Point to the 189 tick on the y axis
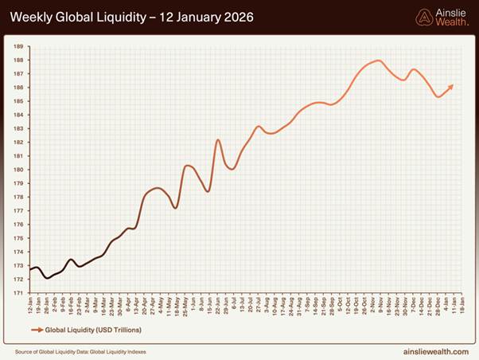pyautogui.click(x=18, y=46)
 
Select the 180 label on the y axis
pyautogui.click(x=18, y=170)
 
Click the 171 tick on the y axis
pyautogui.click(x=18, y=292)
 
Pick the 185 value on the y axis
pyautogui.click(x=18, y=101)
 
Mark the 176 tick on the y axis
pyautogui.click(x=18, y=224)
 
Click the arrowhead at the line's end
pyautogui.click(x=452, y=86)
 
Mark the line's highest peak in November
pyautogui.click(x=378, y=61)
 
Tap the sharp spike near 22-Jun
pyautogui.click(x=218, y=140)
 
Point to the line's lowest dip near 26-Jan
pyautogui.click(x=48, y=278)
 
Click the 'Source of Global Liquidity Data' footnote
pyautogui.click(x=80, y=350)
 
